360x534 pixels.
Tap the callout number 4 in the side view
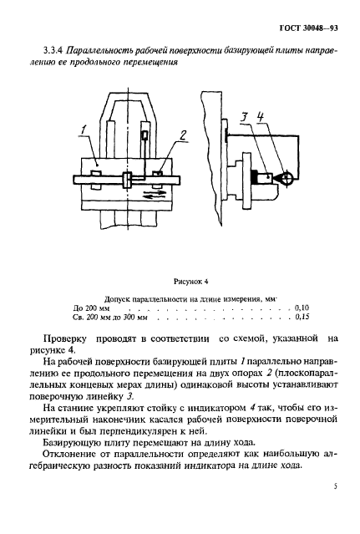pos(261,117)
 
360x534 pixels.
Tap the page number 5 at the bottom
pos(335,507)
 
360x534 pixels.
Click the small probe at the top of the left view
pos(145,135)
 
